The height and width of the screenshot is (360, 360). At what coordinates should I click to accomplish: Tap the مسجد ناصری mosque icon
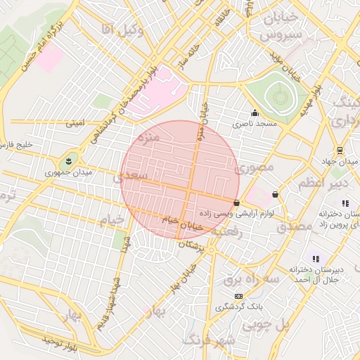click(255, 113)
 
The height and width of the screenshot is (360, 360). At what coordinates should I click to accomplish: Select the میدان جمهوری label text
click(63, 172)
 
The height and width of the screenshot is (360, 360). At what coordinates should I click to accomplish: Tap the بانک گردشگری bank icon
click(239, 297)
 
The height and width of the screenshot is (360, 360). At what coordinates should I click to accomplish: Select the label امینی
click(75, 122)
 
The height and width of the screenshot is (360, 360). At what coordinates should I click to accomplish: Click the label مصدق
click(294, 226)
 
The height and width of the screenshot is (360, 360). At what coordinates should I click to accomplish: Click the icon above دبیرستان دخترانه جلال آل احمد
click(316, 259)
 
